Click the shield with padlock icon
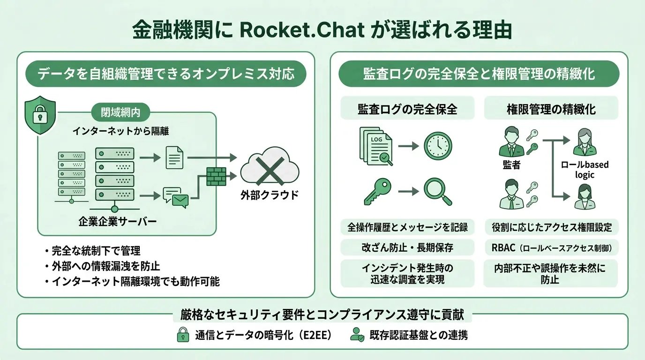pyautogui.click(x=40, y=115)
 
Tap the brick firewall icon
pyautogui.click(x=216, y=176)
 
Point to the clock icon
pyautogui.click(x=438, y=146)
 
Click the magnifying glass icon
pyautogui.click(x=438, y=192)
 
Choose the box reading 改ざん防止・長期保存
pyautogui.click(x=407, y=247)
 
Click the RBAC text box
pyautogui.click(x=551, y=247)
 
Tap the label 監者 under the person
pyautogui.click(x=511, y=165)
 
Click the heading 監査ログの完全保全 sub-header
pyautogui.click(x=407, y=109)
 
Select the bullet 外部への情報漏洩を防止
pyautogui.click(x=105, y=266)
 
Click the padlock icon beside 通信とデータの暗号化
pyautogui.click(x=182, y=335)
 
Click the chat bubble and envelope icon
pyautogui.click(x=175, y=197)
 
